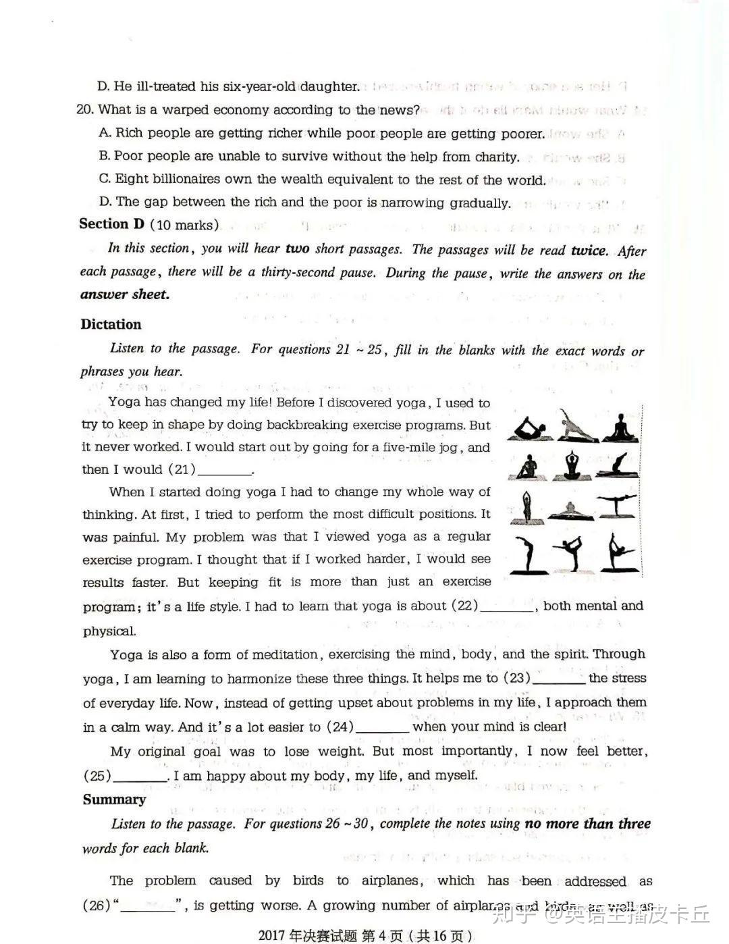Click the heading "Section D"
[x=111, y=224]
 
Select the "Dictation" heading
[x=111, y=324]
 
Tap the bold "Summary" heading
[x=114, y=799]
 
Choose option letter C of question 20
[x=104, y=179]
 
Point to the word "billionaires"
[x=178, y=179]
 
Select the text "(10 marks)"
[x=184, y=225]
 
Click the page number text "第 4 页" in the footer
[x=382, y=935]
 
